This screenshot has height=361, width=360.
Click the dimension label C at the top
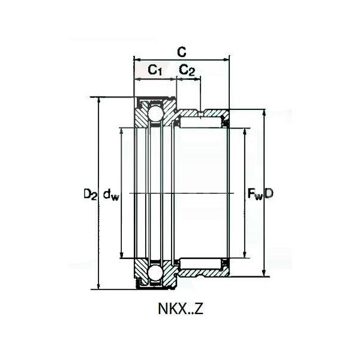(x=182, y=52)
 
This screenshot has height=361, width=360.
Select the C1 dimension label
(x=155, y=70)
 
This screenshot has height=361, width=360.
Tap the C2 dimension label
(x=187, y=70)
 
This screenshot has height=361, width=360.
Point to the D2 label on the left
(x=90, y=194)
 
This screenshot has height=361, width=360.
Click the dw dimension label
(x=111, y=194)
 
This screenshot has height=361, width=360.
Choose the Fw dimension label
(x=255, y=193)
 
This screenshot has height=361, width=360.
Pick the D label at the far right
(x=269, y=193)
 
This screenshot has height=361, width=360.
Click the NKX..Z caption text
(x=181, y=309)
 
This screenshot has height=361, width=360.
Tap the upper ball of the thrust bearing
(x=156, y=114)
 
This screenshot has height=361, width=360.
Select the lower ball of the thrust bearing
(x=156, y=273)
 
